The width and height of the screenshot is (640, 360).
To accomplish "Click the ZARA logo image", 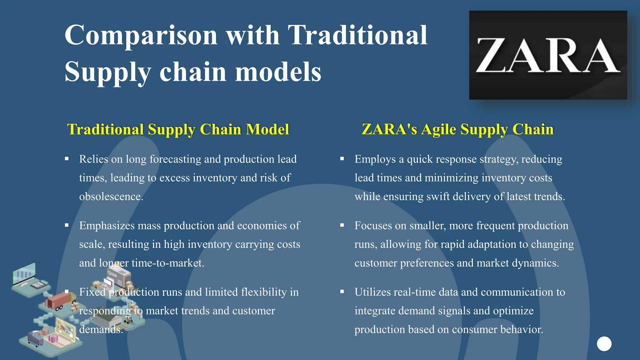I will coord(548,55).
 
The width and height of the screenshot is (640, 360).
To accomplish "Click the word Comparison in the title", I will coord(141,35).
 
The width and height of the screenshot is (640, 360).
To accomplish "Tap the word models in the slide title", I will coord(278,72).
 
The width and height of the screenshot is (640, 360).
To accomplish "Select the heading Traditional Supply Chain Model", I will coord(178,129).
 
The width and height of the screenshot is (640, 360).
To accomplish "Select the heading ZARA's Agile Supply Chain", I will coord(457,129).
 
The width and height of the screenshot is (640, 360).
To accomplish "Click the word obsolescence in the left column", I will coord(111,197).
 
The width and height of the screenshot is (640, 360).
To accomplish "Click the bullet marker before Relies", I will coord(67,159).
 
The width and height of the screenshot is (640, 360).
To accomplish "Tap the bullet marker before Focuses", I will coord(342,225).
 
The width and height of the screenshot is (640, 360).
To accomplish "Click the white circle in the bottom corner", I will coord(604,344).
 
